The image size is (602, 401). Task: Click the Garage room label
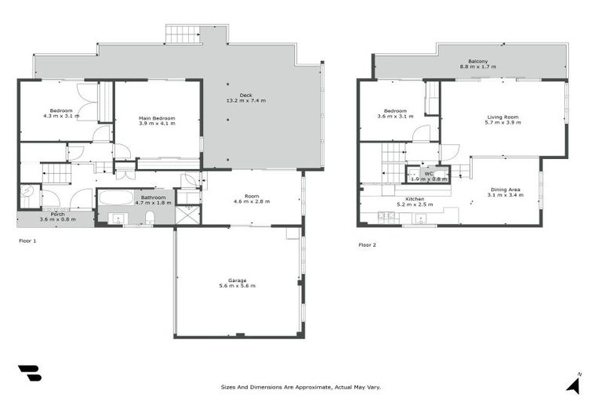coord(237,280)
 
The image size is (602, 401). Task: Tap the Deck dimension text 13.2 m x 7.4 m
coord(246,101)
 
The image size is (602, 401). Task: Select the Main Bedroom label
coord(157,118)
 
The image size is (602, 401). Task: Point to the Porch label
coord(58,214)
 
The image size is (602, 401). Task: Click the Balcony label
coord(478,61)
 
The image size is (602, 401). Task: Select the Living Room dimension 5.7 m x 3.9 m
coord(502,123)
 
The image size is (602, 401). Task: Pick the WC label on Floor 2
coord(429,172)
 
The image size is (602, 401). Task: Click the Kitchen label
coord(415,199)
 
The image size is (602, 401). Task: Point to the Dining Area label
coord(506,190)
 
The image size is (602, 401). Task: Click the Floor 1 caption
coord(27,241)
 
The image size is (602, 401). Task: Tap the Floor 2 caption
coord(368,245)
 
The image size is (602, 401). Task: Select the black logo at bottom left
coord(29,374)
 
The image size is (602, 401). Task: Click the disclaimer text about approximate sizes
coord(301,387)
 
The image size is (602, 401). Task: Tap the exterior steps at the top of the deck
coord(183,34)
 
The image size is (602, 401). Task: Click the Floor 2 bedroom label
coord(396,110)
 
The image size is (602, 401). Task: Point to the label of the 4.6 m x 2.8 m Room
coord(252,196)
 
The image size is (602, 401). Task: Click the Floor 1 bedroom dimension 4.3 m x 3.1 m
coord(61,116)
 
